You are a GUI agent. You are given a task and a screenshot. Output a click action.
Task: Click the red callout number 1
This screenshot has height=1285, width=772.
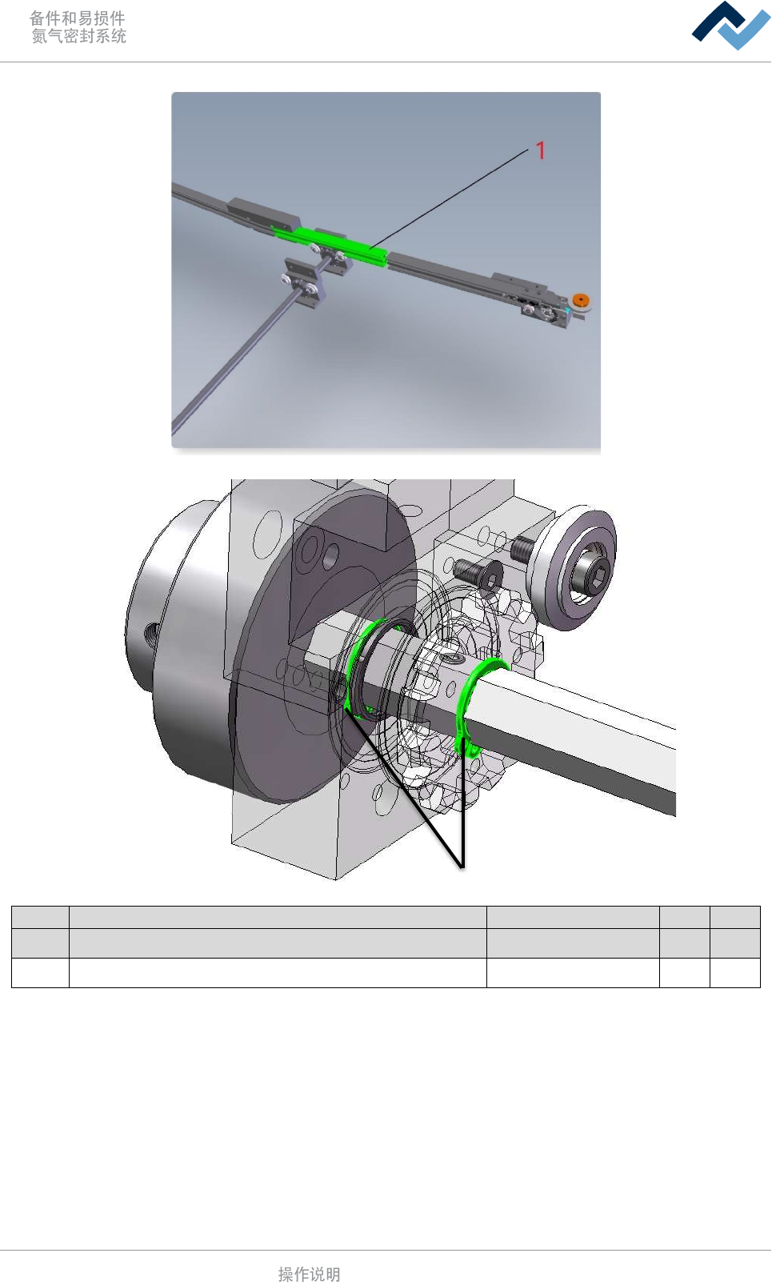click(540, 151)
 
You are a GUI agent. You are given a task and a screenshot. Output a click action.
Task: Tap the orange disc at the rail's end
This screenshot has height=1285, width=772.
click(581, 300)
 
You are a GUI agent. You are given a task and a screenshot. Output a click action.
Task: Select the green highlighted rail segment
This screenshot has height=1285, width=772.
click(329, 244)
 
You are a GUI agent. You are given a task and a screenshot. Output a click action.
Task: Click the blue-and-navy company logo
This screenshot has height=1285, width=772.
click(730, 26)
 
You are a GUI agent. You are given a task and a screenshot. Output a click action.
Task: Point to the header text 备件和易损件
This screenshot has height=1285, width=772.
click(78, 18)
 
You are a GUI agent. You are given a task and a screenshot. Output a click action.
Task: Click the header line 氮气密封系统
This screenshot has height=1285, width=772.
click(78, 36)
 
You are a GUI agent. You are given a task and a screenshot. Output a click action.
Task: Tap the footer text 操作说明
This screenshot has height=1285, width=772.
click(309, 1274)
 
